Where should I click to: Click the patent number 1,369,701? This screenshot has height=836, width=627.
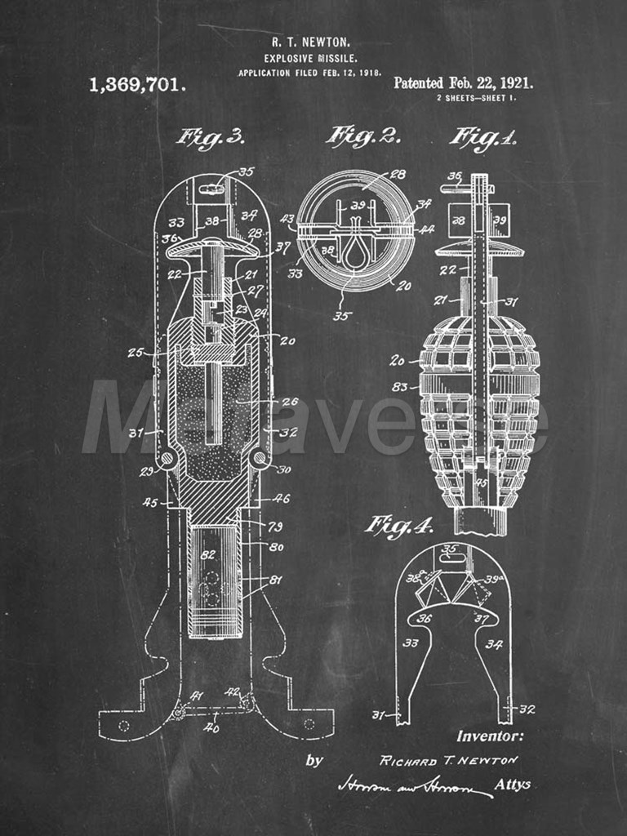137,84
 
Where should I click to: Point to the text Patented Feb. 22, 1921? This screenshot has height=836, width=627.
463,82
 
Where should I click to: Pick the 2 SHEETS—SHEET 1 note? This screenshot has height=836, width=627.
475,98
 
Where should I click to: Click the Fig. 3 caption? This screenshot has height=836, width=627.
210,137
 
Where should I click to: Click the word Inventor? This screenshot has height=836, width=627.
490,736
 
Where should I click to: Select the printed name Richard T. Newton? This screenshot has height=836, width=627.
448,760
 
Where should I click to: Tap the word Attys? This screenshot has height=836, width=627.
513,785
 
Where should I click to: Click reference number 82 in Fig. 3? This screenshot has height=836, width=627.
208,554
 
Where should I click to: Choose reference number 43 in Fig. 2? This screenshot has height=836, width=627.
287,219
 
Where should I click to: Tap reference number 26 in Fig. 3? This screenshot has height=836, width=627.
290,402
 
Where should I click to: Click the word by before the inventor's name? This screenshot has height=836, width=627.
313,760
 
